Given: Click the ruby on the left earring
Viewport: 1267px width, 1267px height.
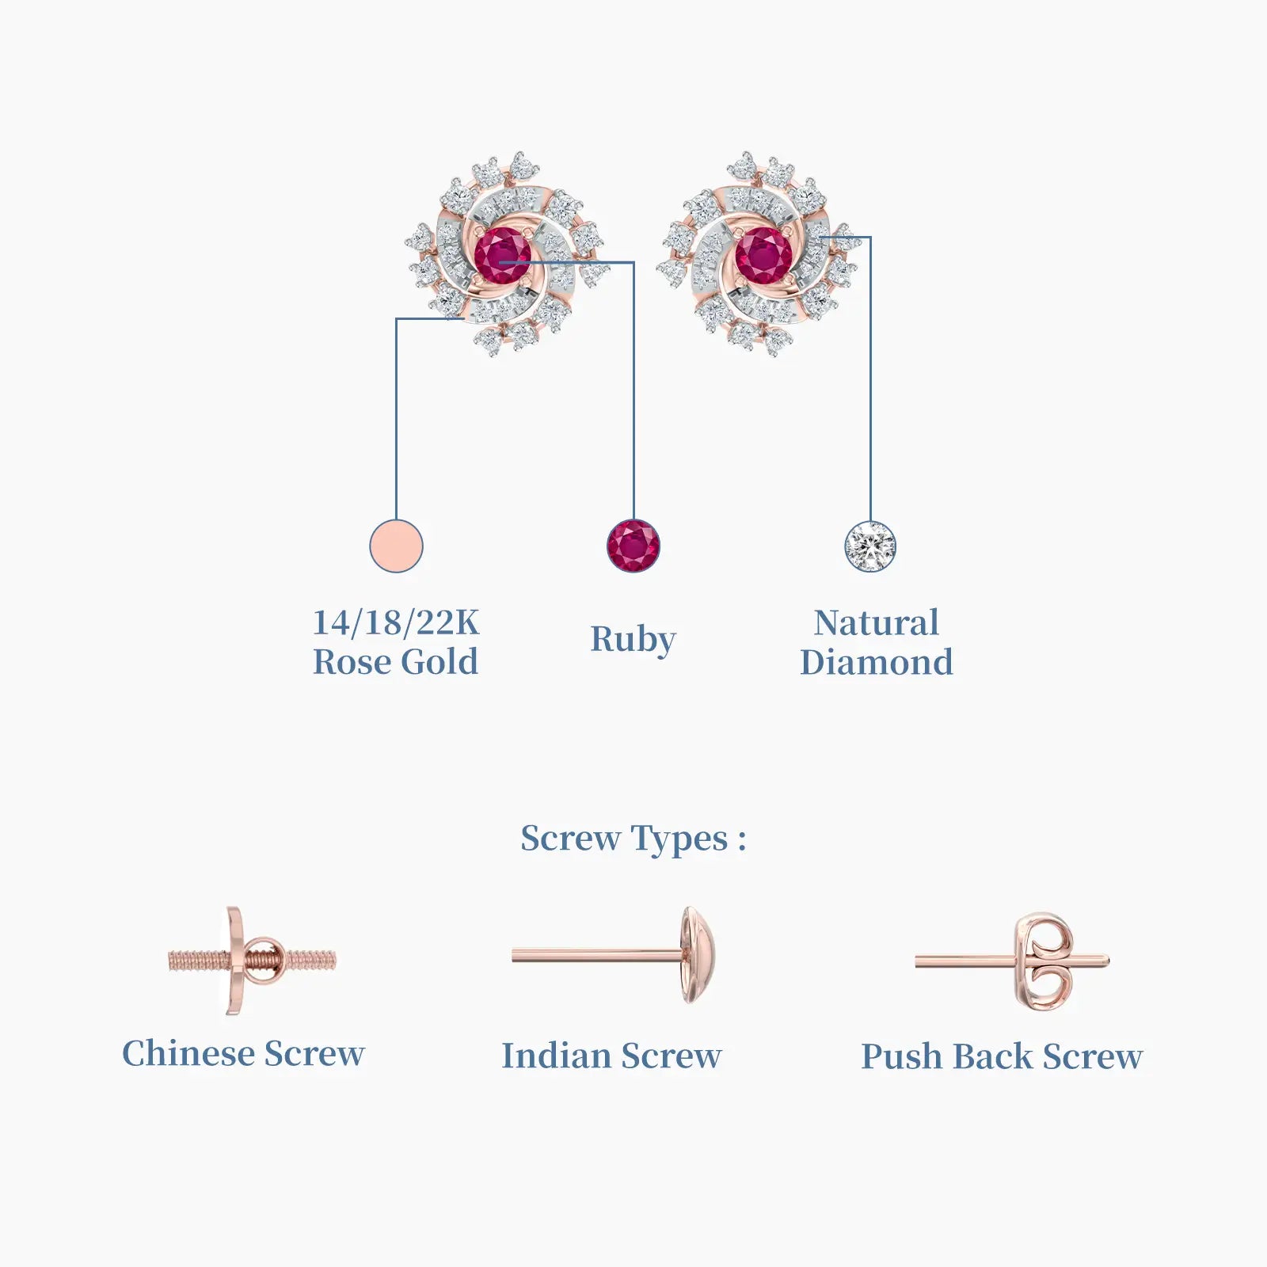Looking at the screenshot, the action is [x=503, y=255].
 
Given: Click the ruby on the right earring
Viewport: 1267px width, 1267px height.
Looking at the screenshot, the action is [x=763, y=255].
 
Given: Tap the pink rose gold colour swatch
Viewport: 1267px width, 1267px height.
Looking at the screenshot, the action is [x=396, y=546].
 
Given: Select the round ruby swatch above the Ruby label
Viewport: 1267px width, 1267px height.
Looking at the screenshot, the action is [x=633, y=546].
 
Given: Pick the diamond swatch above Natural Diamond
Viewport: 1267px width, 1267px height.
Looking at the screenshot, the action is [x=870, y=546].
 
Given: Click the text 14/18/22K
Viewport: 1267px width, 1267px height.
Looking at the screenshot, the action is [x=396, y=622].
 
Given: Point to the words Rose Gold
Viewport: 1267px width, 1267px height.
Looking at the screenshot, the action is [x=396, y=662].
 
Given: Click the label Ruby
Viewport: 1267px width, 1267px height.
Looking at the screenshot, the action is [x=633, y=640].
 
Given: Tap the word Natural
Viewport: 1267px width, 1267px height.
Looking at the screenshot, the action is [x=877, y=622].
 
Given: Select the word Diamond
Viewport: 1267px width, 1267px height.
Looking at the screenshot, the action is [x=877, y=662].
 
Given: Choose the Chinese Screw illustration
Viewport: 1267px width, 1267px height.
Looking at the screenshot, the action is [x=252, y=961].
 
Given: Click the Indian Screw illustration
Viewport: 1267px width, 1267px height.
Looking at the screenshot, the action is [x=618, y=956].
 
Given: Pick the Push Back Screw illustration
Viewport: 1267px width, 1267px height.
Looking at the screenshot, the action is [x=1013, y=961].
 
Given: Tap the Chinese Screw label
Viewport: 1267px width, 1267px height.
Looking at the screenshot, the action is [x=243, y=1054].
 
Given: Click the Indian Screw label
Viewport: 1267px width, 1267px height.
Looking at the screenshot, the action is [x=611, y=1056].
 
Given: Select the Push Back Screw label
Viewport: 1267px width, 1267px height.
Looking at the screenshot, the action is [x=1002, y=1056].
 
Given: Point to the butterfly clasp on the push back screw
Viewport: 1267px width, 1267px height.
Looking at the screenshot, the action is [x=1045, y=961].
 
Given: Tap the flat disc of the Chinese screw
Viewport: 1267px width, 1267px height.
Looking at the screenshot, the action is [x=234, y=961].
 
